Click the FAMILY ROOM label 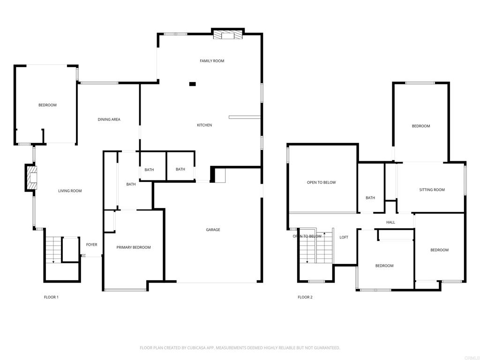click(x=212, y=61)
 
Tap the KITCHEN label click(x=204, y=125)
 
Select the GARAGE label click(x=213, y=230)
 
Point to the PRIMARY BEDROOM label click(x=134, y=247)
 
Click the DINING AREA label click(x=109, y=120)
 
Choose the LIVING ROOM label click(x=70, y=191)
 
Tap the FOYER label click(x=91, y=245)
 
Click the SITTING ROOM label click(x=432, y=190)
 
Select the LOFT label click(x=344, y=237)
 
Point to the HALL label click(x=390, y=222)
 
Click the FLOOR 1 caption click(x=51, y=297)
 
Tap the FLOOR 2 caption click(x=305, y=297)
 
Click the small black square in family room click(x=192, y=84)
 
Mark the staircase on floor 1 click(x=53, y=249)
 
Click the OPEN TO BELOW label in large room click(x=321, y=183)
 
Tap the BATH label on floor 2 click(x=370, y=198)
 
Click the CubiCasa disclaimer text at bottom click(x=240, y=348)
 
